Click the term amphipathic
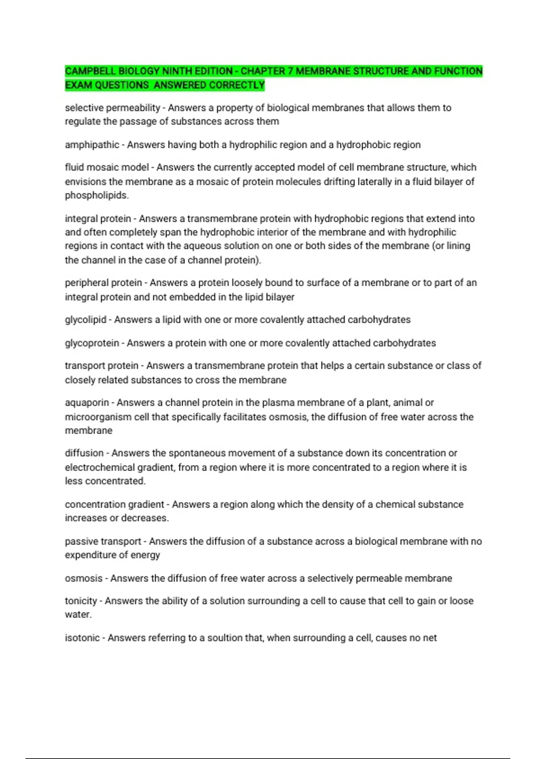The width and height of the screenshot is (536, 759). point(92,145)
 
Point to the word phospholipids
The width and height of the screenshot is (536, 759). point(96,196)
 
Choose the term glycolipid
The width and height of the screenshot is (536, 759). point(85,320)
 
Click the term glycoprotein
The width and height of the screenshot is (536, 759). point(92,343)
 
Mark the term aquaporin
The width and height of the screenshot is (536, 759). point(87,403)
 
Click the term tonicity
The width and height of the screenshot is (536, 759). point(81,601)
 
